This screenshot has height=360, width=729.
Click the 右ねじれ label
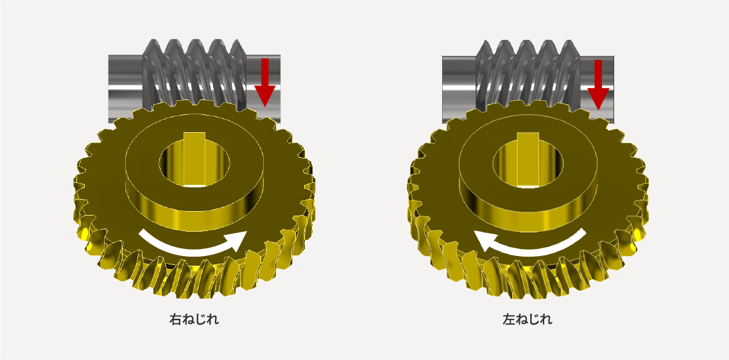(193, 320)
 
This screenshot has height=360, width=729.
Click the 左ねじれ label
(527, 320)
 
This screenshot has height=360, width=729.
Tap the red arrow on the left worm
(265, 82)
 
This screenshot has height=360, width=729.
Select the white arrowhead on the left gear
(237, 241)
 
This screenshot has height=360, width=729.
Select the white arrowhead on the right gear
(486, 240)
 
